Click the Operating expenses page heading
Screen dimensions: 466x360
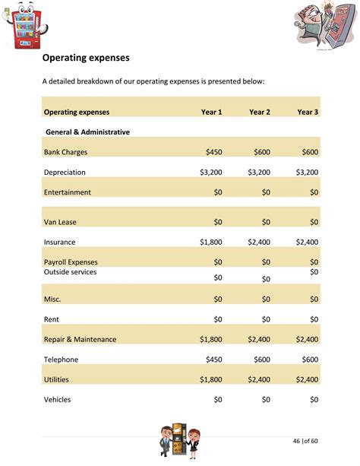click(85, 57)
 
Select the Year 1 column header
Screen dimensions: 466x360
click(211, 112)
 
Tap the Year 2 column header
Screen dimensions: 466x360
click(260, 112)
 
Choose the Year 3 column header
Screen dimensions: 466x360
click(308, 112)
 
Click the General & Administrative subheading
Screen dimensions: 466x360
click(87, 132)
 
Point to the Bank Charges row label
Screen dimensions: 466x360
click(65, 152)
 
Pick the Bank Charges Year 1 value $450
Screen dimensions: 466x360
click(213, 152)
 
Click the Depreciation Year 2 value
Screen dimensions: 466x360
click(258, 173)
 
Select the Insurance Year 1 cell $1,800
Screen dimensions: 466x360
click(211, 242)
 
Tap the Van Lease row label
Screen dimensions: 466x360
click(60, 222)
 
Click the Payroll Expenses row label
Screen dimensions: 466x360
click(71, 262)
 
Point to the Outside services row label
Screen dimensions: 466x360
click(70, 272)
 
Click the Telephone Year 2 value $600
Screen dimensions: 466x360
click(262, 360)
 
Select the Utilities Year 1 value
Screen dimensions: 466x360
click(211, 379)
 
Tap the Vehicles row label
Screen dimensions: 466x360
click(58, 399)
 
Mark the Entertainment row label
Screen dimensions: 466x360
click(68, 192)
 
